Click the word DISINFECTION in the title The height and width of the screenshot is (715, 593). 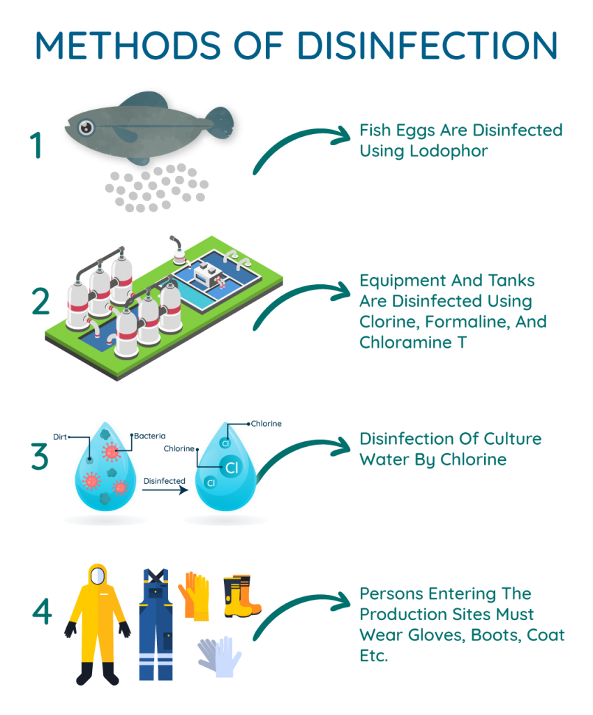427,45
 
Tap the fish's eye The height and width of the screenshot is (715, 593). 86,127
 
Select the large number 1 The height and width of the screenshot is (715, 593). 36,145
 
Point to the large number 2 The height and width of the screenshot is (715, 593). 40,302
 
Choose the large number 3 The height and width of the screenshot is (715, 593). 40,456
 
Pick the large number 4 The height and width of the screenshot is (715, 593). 42,611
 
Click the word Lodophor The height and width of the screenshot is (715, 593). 449,151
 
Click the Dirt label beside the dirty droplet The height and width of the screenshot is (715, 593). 60,437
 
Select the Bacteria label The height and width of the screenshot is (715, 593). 150,436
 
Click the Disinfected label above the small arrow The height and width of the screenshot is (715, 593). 165,480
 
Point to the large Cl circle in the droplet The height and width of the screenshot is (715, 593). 232,467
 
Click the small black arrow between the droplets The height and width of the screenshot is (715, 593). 165,490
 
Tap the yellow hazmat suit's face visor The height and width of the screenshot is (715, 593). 98,576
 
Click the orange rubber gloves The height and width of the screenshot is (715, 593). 194,596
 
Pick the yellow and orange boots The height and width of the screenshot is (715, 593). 242,596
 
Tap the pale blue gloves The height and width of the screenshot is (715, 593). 219,656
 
